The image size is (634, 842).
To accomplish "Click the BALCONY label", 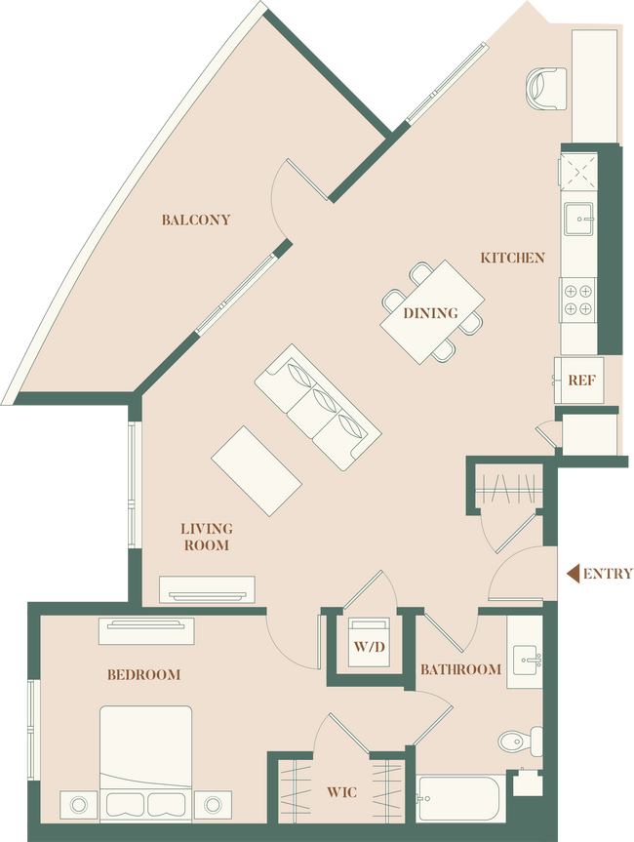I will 196,220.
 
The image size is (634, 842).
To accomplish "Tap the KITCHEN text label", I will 512,258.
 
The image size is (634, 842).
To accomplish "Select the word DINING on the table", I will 430,313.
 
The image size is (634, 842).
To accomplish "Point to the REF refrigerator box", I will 581,380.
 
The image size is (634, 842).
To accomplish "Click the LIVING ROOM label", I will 206,537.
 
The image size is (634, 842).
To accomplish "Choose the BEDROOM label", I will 144,674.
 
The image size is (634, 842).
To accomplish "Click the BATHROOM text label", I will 460,669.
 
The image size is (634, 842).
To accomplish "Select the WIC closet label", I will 341,793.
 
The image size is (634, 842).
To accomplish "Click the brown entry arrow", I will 599,574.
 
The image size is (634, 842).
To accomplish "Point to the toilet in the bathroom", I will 518,741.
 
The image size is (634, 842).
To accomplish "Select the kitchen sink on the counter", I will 577,217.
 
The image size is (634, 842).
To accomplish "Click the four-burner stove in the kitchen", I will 577,298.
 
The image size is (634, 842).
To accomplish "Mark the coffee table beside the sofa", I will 258,470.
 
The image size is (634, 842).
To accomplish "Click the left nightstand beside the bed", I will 78,805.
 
